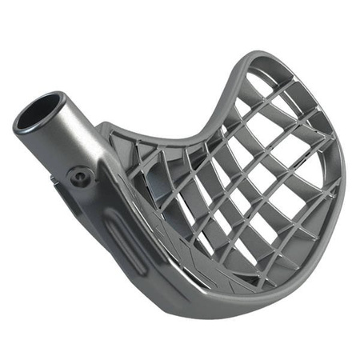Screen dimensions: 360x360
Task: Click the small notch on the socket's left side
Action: (x=54, y=181)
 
